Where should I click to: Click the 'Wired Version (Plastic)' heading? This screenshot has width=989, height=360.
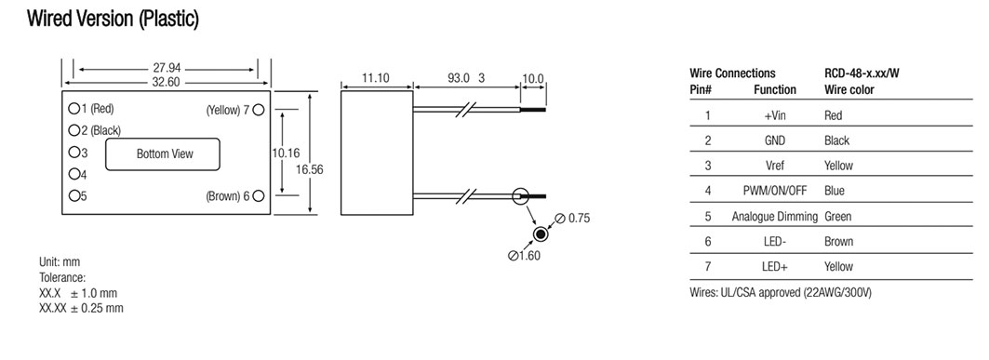pyautogui.click(x=113, y=19)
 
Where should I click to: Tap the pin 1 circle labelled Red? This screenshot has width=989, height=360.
pyautogui.click(x=74, y=109)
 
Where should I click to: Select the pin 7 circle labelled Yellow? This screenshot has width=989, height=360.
pyautogui.click(x=258, y=110)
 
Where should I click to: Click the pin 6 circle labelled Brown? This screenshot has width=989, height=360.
pyautogui.click(x=258, y=196)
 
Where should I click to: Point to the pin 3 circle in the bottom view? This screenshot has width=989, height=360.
pyautogui.click(x=74, y=153)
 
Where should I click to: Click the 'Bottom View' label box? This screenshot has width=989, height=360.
pyautogui.click(x=163, y=153)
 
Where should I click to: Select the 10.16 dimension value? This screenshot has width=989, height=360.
pyautogui.click(x=286, y=153)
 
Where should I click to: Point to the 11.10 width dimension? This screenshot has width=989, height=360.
pyautogui.click(x=376, y=78)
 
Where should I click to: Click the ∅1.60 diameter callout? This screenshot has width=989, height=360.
pyautogui.click(x=524, y=255)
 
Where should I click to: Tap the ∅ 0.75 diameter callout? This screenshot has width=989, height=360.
pyautogui.click(x=573, y=219)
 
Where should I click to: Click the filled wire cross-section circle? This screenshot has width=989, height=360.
pyautogui.click(x=540, y=234)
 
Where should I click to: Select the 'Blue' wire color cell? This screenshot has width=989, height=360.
pyautogui.click(x=835, y=191)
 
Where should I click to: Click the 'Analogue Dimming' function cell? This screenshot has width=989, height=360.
pyautogui.click(x=775, y=216)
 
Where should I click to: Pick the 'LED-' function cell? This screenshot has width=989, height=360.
pyautogui.click(x=775, y=242)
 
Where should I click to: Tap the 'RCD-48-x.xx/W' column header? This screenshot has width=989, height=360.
pyautogui.click(x=862, y=73)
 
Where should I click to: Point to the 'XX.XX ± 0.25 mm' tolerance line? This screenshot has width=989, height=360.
pyautogui.click(x=81, y=308)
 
